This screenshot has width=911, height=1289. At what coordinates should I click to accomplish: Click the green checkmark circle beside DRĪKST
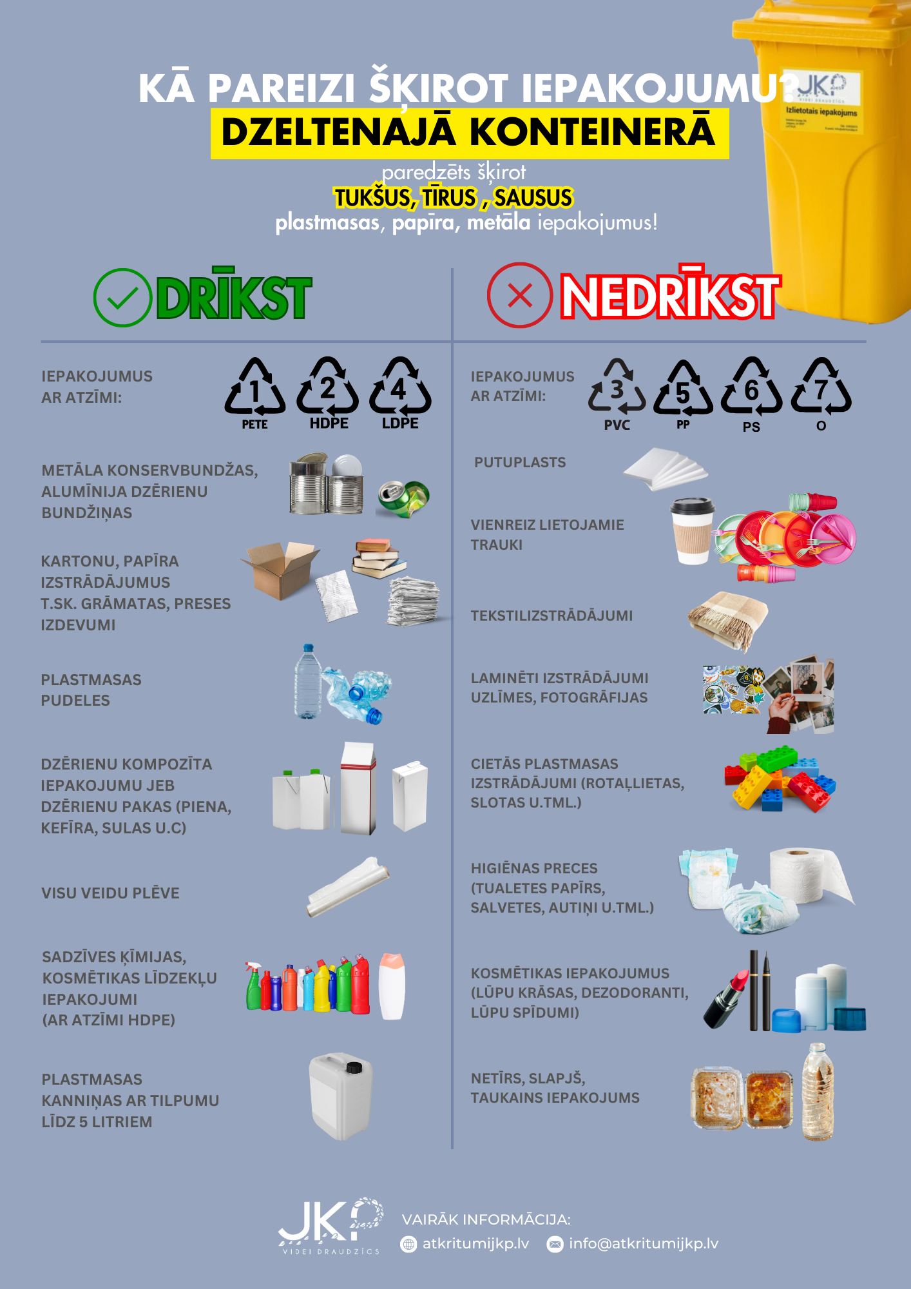click(x=122, y=298)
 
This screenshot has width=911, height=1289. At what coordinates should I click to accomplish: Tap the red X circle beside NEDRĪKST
click(x=519, y=296)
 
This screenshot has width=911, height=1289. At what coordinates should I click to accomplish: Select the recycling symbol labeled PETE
click(x=255, y=387)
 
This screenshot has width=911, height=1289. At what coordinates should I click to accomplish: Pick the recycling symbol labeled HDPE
click(x=328, y=387)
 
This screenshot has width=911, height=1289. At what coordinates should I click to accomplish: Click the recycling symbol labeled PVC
click(x=617, y=387)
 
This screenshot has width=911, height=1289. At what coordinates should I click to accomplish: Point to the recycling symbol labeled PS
click(x=751, y=389)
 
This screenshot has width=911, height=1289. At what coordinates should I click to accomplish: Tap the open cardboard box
click(x=281, y=568)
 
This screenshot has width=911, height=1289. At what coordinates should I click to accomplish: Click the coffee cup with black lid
click(x=693, y=530)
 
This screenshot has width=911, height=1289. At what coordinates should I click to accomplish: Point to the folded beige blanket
click(x=729, y=619)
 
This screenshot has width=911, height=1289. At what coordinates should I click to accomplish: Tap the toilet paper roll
click(x=808, y=875)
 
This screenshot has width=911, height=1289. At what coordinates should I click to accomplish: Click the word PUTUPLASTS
click(x=520, y=462)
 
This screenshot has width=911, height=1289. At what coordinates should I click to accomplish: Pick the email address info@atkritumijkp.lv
click(x=643, y=1243)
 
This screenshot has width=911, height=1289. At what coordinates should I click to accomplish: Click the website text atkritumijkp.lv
click(x=475, y=1243)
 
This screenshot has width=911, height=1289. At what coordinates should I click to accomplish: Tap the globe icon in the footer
click(x=408, y=1244)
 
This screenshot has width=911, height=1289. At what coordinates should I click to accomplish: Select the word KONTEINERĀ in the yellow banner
click(x=592, y=132)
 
